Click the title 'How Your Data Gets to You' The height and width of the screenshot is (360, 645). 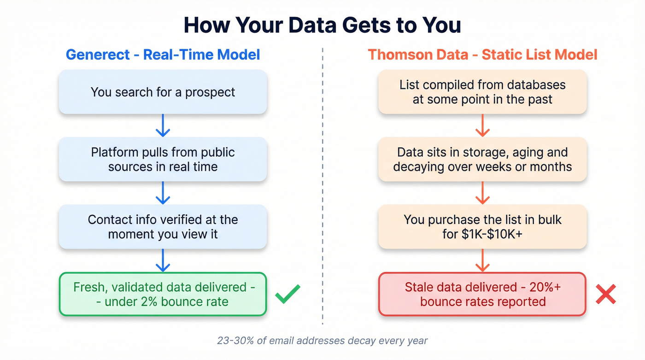coord(322,25)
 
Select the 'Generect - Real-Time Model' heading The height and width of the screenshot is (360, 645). coord(163,54)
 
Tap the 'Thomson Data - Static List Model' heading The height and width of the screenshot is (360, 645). coord(482,54)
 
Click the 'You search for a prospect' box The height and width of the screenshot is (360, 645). coord(163,92)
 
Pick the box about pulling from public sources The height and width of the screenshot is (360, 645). coord(163,159)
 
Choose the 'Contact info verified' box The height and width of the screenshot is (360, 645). coord(163,226)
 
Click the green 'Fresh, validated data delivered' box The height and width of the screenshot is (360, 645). coord(163,294)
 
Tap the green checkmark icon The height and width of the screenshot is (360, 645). coord(288,294)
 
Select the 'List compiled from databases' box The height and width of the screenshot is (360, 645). coord(482,92)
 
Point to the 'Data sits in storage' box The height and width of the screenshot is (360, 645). coord(482,159)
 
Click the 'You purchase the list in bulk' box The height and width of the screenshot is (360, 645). coord(482,226)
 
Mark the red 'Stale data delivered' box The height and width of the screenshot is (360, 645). coord(482,294)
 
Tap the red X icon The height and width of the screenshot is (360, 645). coord(606,294)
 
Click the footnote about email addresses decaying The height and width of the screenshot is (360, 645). coord(322,341)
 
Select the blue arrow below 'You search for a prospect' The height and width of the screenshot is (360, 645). coord(163,125)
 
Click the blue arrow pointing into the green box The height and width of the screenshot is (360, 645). coord(163,260)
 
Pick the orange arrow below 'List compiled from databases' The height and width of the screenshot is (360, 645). coord(482,125)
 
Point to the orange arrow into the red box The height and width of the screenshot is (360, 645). coord(482,260)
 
